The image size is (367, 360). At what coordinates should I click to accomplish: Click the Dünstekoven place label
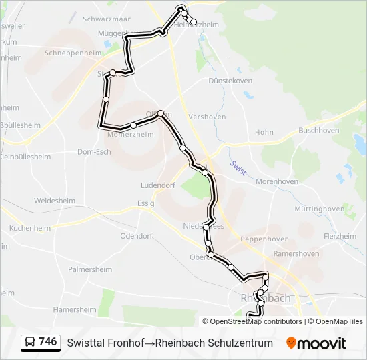point(230,81)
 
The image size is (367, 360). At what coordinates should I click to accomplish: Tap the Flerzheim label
point(340,236)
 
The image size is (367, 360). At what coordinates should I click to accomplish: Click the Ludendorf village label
point(158,185)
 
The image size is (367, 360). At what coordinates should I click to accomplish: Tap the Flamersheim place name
point(75,309)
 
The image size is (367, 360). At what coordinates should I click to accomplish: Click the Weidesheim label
point(55,200)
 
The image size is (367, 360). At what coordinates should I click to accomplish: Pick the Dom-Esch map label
point(94,151)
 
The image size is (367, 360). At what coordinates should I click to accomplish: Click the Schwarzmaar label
point(105,19)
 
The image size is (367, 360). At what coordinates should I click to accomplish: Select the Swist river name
point(238,167)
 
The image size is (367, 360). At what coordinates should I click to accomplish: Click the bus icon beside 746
point(30,343)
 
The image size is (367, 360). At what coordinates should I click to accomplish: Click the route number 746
point(48,342)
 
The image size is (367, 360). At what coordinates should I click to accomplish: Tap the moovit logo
point(316,343)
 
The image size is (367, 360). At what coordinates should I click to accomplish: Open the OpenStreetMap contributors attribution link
point(252,321)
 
